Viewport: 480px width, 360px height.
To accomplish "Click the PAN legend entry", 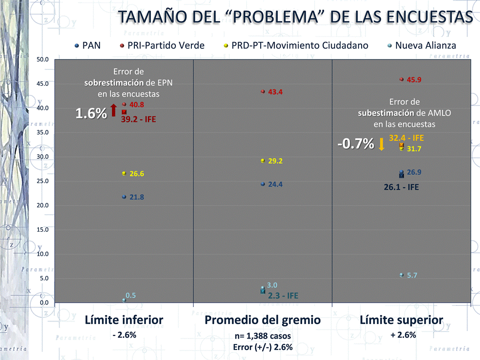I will pyautogui.click(x=87, y=45).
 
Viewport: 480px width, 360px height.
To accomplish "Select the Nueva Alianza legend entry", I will pyautogui.click(x=421, y=45).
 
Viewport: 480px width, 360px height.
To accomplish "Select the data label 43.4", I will pyautogui.click(x=276, y=92).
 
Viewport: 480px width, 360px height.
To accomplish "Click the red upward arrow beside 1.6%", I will pyautogui.click(x=113, y=110).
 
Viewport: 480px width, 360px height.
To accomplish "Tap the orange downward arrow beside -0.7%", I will pyautogui.click(x=381, y=144).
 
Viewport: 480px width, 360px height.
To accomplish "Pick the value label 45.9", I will pyautogui.click(x=414, y=80).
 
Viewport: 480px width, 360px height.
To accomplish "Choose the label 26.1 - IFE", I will pyautogui.click(x=401, y=188).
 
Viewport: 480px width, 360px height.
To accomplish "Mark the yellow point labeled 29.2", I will pyautogui.click(x=262, y=161).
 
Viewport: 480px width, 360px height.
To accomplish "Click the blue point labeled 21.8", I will pyautogui.click(x=124, y=197).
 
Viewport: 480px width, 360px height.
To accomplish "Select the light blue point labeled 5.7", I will pyautogui.click(x=401, y=275).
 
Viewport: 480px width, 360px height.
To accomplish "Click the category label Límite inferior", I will pyautogui.click(x=124, y=320).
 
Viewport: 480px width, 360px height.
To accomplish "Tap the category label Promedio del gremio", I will pyautogui.click(x=263, y=320).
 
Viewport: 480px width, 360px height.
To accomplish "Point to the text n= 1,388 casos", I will pyautogui.click(x=263, y=336).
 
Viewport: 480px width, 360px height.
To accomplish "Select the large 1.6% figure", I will pyautogui.click(x=91, y=113).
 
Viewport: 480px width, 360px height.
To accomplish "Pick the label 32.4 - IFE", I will pyautogui.click(x=406, y=138).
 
